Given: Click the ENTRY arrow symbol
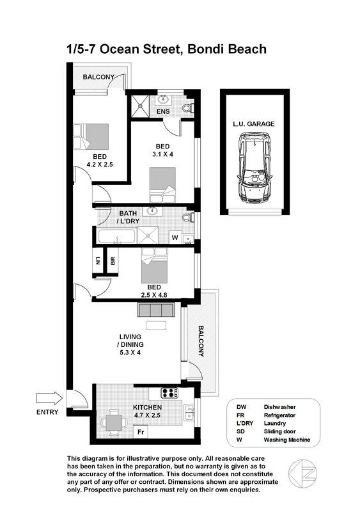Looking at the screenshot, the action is tap(49, 398).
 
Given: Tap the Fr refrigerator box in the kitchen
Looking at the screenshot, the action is tap(141, 432).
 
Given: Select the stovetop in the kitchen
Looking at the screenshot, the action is tap(169, 392).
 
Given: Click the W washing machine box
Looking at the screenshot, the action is tap(175, 237).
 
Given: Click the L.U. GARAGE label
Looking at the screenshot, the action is tap(254, 124).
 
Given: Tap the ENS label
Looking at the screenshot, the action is tap(163, 111).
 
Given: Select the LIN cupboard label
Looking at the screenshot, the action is tap(98, 260).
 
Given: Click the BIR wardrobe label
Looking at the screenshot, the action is tap(113, 261).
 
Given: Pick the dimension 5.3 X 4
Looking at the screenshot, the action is tap(130, 353).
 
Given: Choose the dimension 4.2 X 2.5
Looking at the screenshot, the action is tap(100, 164).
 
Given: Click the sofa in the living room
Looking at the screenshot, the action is tap(155, 310).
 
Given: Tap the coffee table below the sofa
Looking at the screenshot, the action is tap(156, 325).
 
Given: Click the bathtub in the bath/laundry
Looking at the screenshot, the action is tap(116, 236).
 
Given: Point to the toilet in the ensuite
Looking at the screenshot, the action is tap(188, 108).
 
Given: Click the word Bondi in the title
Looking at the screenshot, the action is tap(207, 49).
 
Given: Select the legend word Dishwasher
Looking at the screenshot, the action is tap(279, 407).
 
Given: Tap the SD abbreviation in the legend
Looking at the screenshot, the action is tap(240, 431).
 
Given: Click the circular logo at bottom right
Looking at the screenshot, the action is tap(302, 474).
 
